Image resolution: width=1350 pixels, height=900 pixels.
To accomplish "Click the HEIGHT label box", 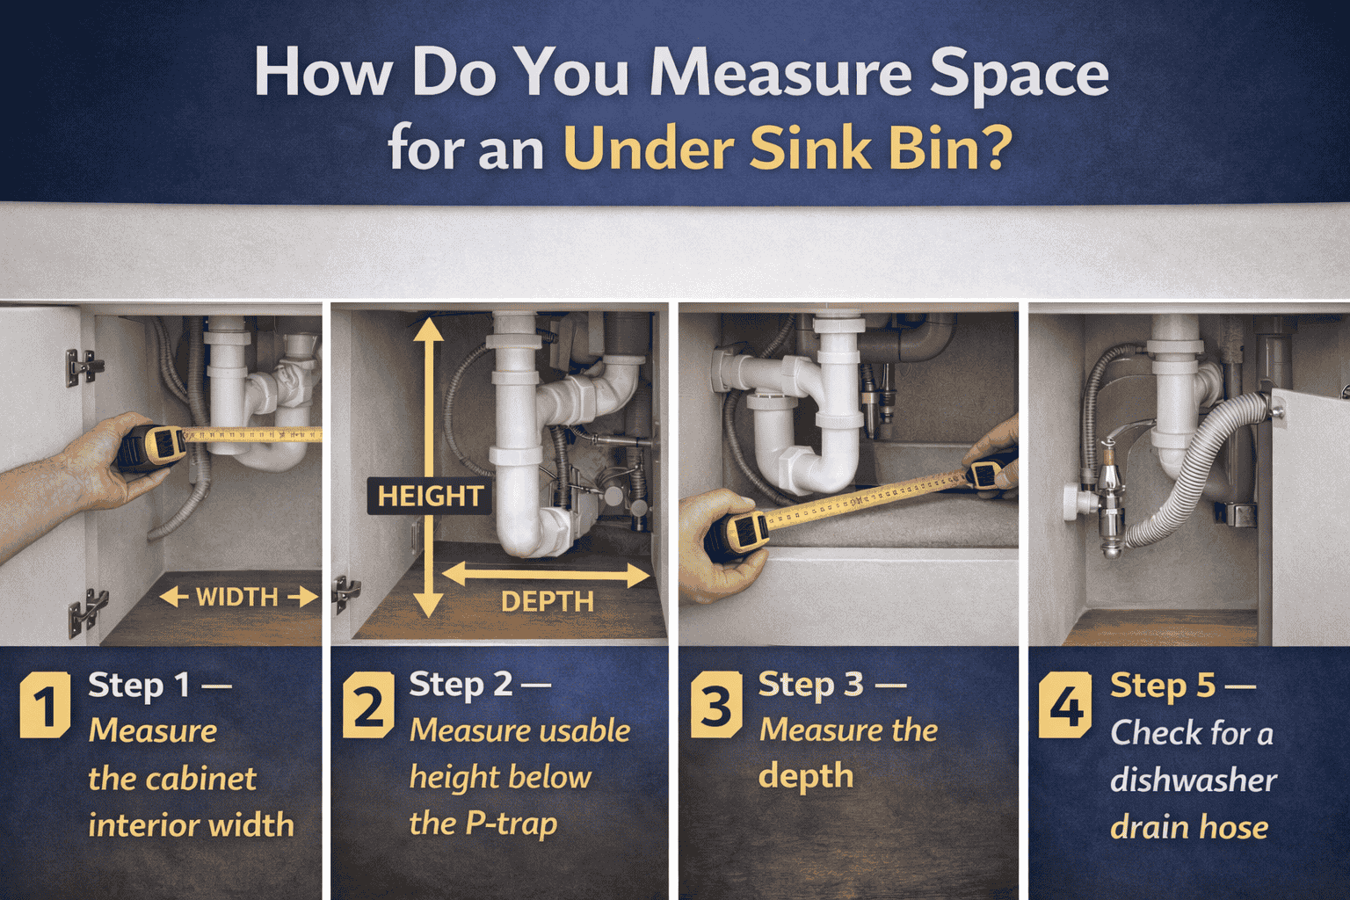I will click(x=429, y=497).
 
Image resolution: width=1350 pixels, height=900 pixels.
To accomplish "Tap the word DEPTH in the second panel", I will click(x=547, y=602).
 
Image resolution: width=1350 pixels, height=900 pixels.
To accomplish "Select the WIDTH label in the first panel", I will click(x=236, y=598).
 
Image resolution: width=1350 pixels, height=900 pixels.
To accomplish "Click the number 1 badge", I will click(x=45, y=705).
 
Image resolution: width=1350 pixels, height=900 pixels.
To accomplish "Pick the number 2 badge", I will click(x=368, y=705).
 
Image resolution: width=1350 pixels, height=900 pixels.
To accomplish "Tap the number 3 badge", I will click(x=716, y=705).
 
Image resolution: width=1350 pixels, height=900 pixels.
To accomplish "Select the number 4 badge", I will click(x=1065, y=705).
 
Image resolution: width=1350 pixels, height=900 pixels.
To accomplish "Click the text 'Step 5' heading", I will click(x=1163, y=685).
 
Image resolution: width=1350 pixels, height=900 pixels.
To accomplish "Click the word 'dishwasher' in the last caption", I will click(x=1193, y=780).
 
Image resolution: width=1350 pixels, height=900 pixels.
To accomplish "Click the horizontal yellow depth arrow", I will click(x=546, y=576).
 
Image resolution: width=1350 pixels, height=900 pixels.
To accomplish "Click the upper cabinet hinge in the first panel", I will click(x=83, y=367).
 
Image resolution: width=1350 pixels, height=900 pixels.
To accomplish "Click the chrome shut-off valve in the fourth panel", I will click(x=1110, y=492).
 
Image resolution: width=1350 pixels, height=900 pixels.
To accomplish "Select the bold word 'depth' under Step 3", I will click(x=805, y=777).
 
